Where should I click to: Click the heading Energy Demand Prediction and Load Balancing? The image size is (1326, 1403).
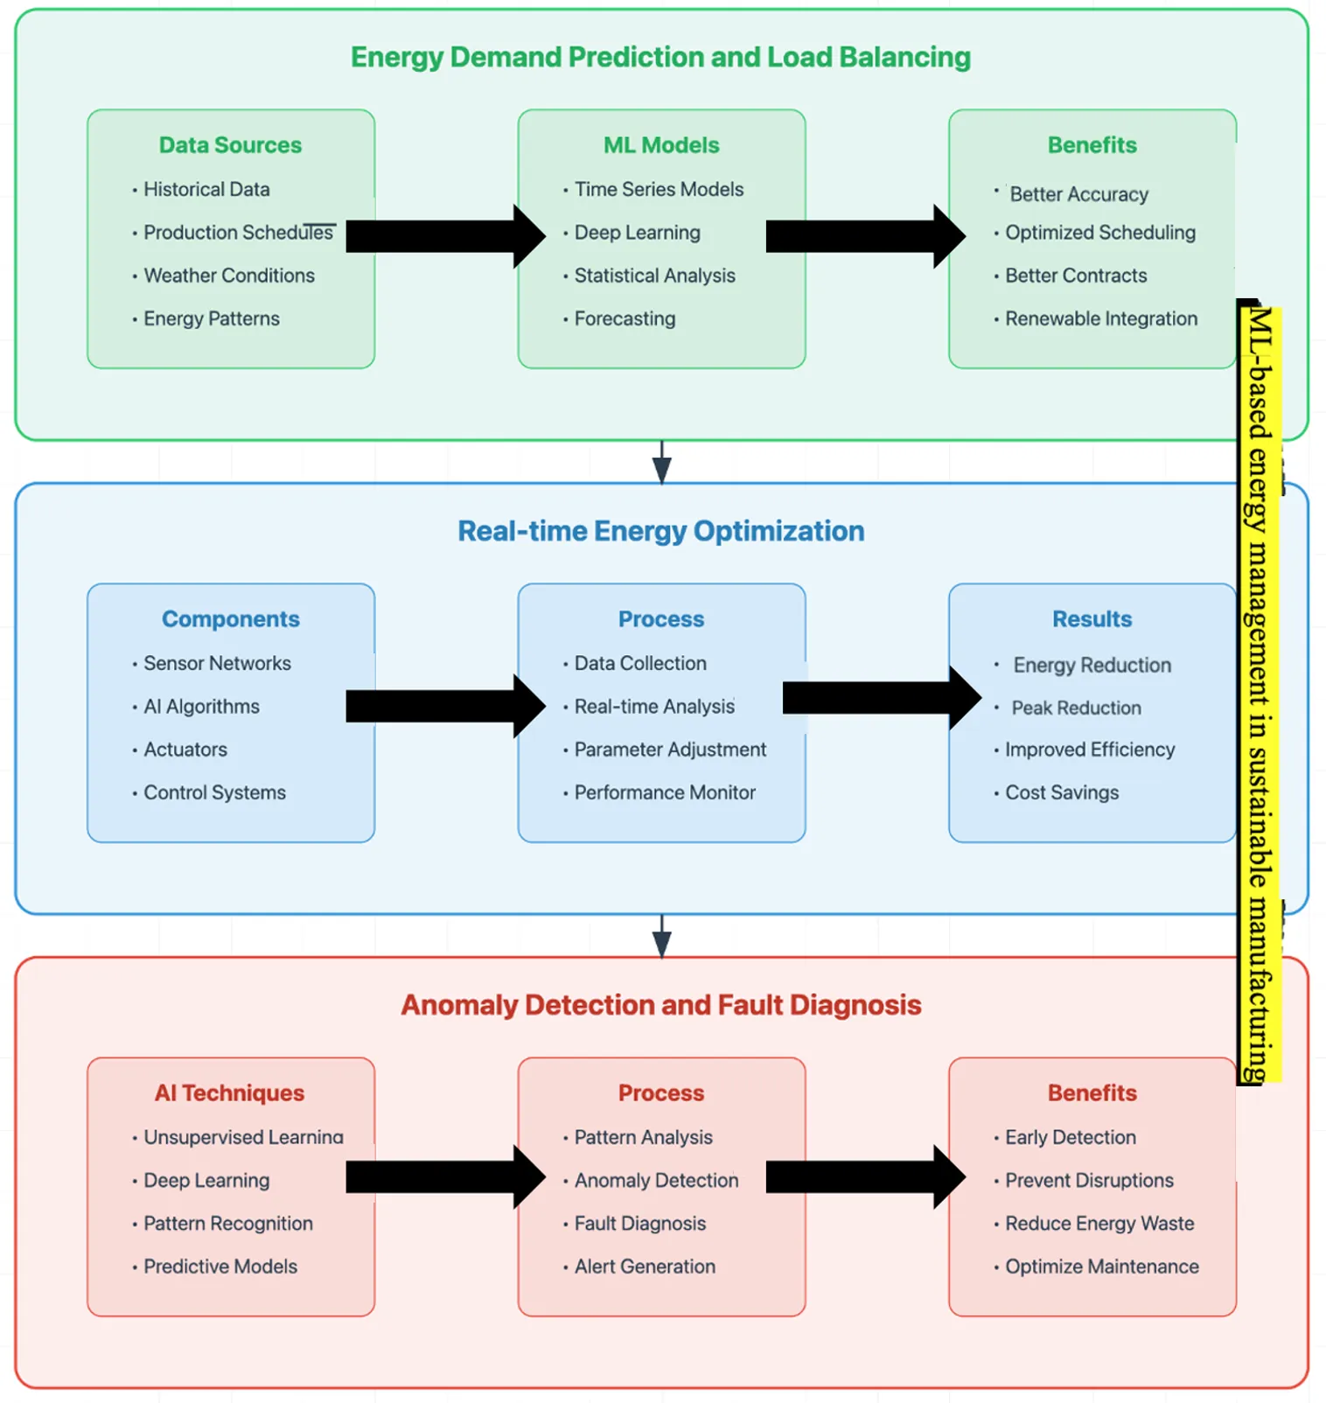point(660,57)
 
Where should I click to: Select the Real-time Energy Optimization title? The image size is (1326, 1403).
point(660,531)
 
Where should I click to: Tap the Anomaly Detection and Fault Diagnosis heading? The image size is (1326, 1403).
point(660,1005)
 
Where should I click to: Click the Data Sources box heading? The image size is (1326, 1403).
point(230,145)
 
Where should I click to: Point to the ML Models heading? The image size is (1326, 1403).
point(661,145)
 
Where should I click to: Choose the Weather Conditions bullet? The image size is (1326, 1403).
point(229,276)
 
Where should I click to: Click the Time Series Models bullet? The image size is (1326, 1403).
point(659,189)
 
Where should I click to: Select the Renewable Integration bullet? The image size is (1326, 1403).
point(1101,318)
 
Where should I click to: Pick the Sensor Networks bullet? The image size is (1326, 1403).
point(217,663)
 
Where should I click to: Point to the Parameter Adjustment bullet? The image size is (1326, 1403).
point(670,750)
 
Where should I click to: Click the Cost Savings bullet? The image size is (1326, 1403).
point(1062,792)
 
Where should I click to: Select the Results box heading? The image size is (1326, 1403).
point(1092,619)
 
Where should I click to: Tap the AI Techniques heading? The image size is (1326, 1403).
point(229,1093)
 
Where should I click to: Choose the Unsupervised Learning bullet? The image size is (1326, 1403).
point(243,1137)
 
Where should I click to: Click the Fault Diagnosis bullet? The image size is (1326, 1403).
point(639,1224)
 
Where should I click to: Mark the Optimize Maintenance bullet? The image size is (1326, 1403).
point(1102,1267)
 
